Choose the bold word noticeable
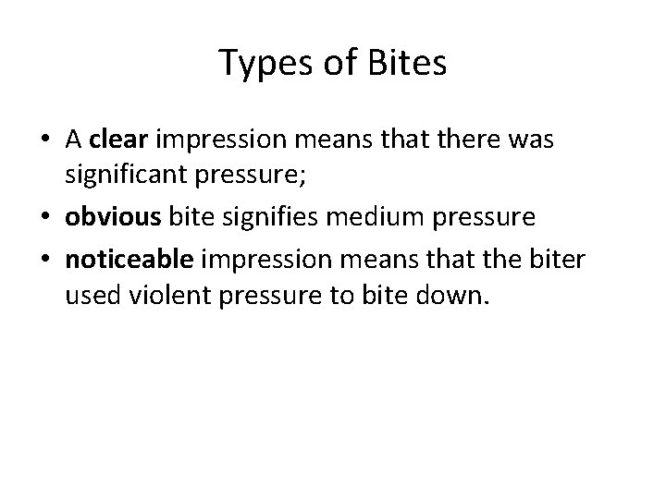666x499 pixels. [x=129, y=259]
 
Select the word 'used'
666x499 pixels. [x=90, y=298]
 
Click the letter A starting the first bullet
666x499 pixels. [x=74, y=140]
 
